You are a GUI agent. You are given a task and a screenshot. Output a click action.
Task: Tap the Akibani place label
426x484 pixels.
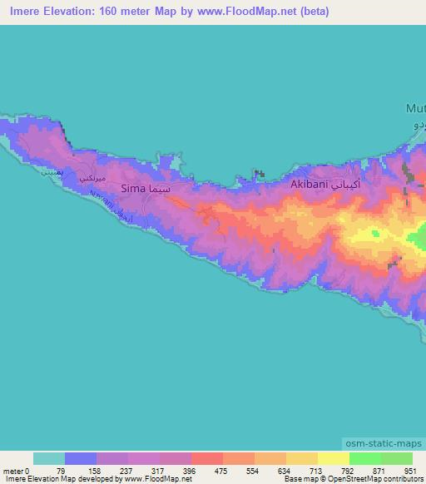[309, 185]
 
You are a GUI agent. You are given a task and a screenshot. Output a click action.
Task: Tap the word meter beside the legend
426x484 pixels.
[13, 470]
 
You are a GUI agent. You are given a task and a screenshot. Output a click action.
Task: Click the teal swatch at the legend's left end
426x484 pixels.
[48, 458]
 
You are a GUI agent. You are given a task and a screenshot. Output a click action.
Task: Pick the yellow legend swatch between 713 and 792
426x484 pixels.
[333, 458]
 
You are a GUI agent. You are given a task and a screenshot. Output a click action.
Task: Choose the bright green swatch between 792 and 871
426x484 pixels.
[364, 458]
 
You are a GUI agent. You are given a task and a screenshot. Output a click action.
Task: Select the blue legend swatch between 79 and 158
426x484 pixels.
[80, 458]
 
